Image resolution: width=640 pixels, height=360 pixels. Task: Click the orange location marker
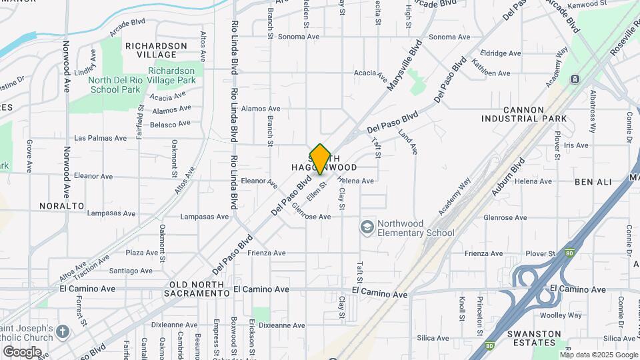320,159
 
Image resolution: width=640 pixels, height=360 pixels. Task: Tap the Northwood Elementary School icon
366,228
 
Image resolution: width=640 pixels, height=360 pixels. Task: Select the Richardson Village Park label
171,75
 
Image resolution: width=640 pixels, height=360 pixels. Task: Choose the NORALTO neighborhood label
61,206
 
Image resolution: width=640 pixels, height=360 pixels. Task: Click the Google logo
22,351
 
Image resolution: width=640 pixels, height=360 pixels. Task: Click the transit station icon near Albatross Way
575,79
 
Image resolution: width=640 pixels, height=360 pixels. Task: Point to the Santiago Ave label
130,271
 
